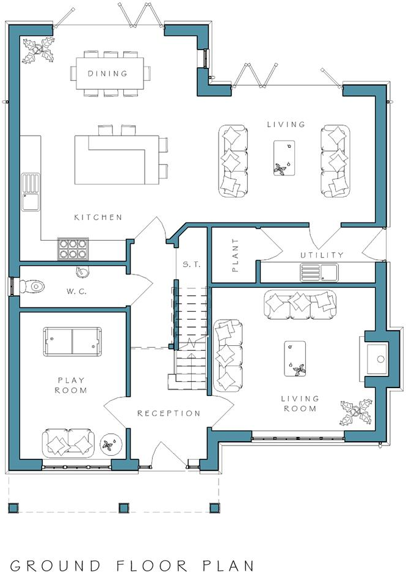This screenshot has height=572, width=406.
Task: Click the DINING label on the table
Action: click(x=107, y=73)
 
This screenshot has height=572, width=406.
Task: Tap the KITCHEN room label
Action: click(x=98, y=218)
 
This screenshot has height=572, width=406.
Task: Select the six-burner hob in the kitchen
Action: click(x=73, y=249)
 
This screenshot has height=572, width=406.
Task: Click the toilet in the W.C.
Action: click(x=32, y=286)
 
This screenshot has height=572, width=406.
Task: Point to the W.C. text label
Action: click(x=76, y=291)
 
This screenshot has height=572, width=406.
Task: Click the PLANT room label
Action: click(x=235, y=255)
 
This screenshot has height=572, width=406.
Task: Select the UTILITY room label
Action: click(x=322, y=255)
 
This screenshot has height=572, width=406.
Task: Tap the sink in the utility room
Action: click(x=319, y=273)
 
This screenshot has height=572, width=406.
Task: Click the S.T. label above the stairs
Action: click(x=192, y=265)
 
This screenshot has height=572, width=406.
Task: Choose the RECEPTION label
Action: click(x=169, y=413)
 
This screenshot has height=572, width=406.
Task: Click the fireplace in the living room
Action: click(x=377, y=359)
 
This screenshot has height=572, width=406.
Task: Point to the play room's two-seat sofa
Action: click(x=69, y=443)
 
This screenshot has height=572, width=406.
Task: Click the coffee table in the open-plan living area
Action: click(x=285, y=158)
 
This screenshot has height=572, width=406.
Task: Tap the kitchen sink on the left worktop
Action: click(x=31, y=193)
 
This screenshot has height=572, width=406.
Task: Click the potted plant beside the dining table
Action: click(x=38, y=50)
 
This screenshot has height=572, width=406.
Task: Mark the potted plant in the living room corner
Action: click(x=356, y=413)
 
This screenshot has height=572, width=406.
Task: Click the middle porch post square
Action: click(x=123, y=508)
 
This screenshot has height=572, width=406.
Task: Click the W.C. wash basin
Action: click(x=82, y=271)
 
